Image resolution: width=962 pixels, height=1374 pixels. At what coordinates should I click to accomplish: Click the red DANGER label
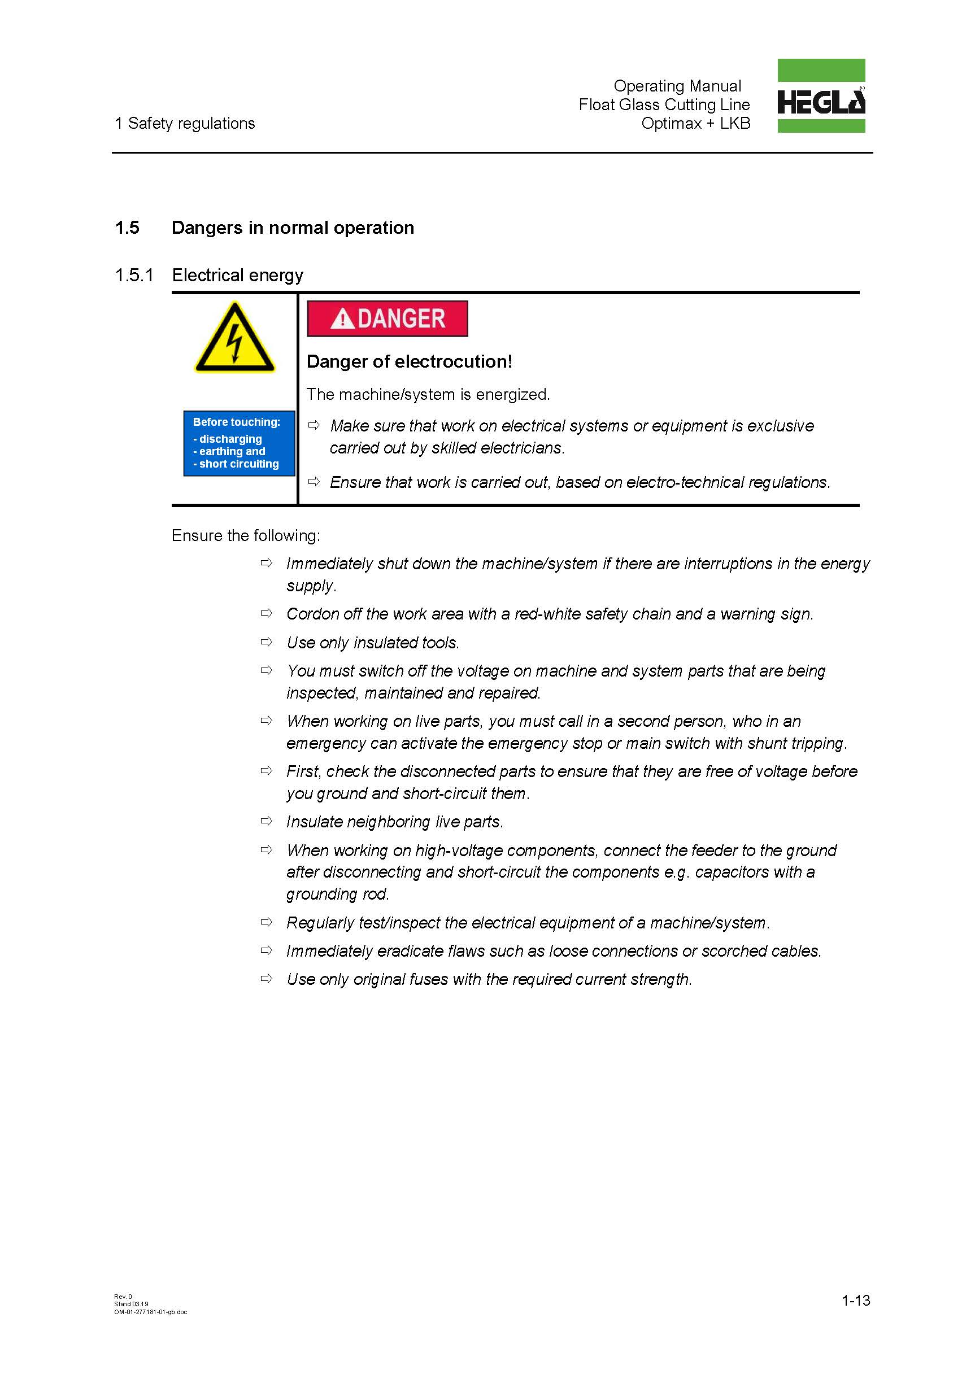pyautogui.click(x=387, y=319)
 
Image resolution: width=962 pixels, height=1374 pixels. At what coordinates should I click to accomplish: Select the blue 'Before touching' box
pyautogui.click(x=239, y=443)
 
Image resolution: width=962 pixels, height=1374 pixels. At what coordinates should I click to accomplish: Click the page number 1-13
pyautogui.click(x=855, y=1300)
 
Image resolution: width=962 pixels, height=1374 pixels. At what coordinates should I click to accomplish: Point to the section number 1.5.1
pyautogui.click(x=134, y=275)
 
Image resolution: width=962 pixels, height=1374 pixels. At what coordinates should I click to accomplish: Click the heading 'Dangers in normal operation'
pyautogui.click(x=292, y=228)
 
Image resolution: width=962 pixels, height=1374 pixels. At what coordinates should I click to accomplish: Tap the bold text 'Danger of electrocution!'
pyautogui.click(x=409, y=361)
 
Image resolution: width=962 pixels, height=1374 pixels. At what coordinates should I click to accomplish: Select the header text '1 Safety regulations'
pyautogui.click(x=184, y=123)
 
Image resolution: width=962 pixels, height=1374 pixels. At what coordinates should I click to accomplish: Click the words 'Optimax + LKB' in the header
pyautogui.click(x=695, y=123)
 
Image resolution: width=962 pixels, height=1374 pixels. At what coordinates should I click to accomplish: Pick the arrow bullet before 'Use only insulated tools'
pyautogui.click(x=267, y=642)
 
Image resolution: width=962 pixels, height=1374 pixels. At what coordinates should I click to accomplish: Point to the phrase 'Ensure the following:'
pyautogui.click(x=245, y=535)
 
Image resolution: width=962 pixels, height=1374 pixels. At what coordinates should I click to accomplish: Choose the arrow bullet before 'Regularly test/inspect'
pyautogui.click(x=267, y=922)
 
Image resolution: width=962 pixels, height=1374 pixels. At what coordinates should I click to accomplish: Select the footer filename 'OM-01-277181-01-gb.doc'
pyautogui.click(x=150, y=1312)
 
